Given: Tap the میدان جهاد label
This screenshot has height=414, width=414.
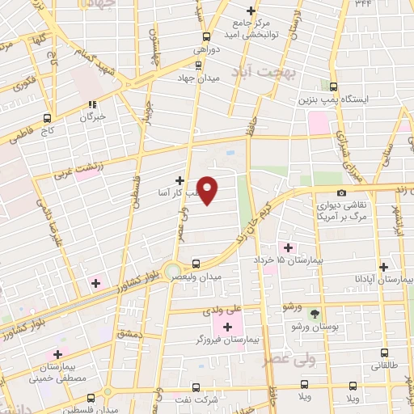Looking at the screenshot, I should pos(198,78).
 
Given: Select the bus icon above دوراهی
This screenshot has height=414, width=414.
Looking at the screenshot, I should pos(206,36).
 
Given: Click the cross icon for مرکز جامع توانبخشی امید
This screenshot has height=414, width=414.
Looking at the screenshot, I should pos(251,11).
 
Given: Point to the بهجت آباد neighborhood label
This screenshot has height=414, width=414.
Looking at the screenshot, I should pos(276,72).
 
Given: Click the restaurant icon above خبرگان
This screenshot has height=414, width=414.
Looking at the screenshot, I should pos(91,103).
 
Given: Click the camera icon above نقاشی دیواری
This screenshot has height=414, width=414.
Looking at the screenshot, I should pos(342,192).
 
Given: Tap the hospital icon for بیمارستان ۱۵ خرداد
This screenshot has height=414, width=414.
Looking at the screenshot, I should pos(285,247).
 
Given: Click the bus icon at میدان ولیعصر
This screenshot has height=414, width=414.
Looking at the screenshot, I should pos(195,264).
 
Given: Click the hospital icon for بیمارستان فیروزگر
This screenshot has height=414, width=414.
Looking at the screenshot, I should pos(227,326).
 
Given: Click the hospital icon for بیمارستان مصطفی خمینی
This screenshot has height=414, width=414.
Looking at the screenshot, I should pos(57,353).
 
